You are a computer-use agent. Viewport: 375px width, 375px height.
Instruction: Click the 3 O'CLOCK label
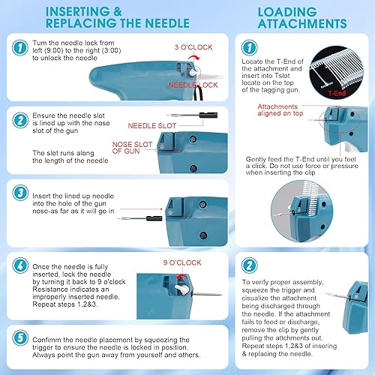coord(193,47)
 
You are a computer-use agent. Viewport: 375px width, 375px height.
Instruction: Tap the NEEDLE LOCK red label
coord(193,85)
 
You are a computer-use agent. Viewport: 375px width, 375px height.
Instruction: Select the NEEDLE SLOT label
coord(152,126)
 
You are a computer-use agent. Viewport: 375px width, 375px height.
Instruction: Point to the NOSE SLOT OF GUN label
coord(132,148)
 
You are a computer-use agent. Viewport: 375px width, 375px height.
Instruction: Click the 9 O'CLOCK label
coord(182,262)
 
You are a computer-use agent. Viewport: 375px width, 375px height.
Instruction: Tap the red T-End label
coord(337,94)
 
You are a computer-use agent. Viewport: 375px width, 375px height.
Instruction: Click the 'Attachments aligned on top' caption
coord(280,110)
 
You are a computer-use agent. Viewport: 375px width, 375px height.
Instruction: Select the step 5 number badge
coord(20,337)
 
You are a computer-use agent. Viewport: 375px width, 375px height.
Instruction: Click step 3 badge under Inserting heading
coord(20,193)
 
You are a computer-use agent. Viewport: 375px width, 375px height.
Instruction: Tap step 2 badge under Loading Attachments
coord(250,265)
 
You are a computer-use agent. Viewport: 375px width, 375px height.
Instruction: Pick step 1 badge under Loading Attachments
coord(250,47)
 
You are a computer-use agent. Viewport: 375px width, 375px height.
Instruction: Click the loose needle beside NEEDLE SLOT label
coord(193,115)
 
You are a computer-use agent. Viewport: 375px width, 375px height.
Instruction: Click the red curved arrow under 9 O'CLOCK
coord(182,275)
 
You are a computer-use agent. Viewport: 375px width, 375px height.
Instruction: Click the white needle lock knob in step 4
coord(182,289)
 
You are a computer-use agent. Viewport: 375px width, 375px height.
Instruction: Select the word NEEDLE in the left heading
coord(167,23)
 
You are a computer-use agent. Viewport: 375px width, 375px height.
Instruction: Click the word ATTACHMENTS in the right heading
coord(302,23)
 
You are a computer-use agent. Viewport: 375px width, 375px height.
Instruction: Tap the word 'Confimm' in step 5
coord(46,340)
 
